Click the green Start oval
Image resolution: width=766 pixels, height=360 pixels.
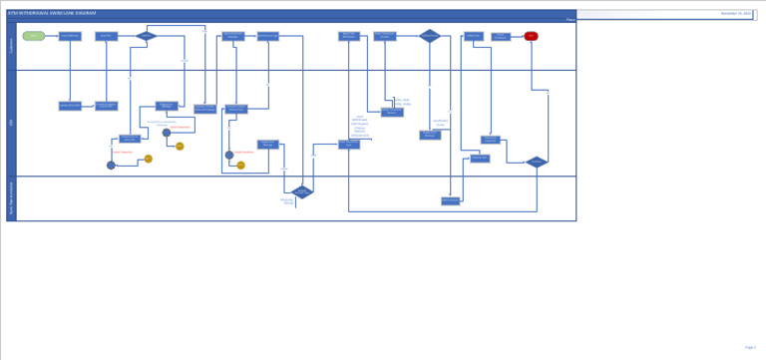tap(34, 36)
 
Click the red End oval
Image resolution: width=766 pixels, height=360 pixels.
tap(531, 36)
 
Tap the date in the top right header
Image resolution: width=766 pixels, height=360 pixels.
tap(736, 14)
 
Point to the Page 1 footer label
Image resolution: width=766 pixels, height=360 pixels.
tap(750, 347)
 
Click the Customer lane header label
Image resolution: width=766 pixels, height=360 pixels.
tap(12, 46)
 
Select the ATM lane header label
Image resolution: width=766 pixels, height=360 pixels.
tap(12, 123)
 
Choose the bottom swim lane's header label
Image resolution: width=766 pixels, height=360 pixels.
tap(12, 198)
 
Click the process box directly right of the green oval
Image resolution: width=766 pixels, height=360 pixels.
tap(70, 36)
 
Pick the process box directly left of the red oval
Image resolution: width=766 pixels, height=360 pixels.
tap(501, 37)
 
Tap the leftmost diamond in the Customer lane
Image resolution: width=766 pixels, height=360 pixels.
tap(146, 36)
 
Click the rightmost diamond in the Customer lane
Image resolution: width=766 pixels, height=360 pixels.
tap(430, 36)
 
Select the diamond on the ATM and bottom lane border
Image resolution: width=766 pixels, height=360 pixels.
tap(301, 191)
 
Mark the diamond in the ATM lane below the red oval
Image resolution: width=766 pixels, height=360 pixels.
tap(537, 162)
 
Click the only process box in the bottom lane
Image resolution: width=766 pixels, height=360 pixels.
tap(451, 200)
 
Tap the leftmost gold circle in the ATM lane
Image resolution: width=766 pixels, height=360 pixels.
tap(149, 159)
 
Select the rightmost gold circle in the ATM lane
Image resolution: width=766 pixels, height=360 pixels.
tap(240, 166)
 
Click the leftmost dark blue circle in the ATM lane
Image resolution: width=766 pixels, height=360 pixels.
tap(111, 166)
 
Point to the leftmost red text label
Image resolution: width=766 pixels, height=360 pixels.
tap(123, 153)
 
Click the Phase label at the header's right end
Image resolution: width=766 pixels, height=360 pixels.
tap(570, 20)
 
